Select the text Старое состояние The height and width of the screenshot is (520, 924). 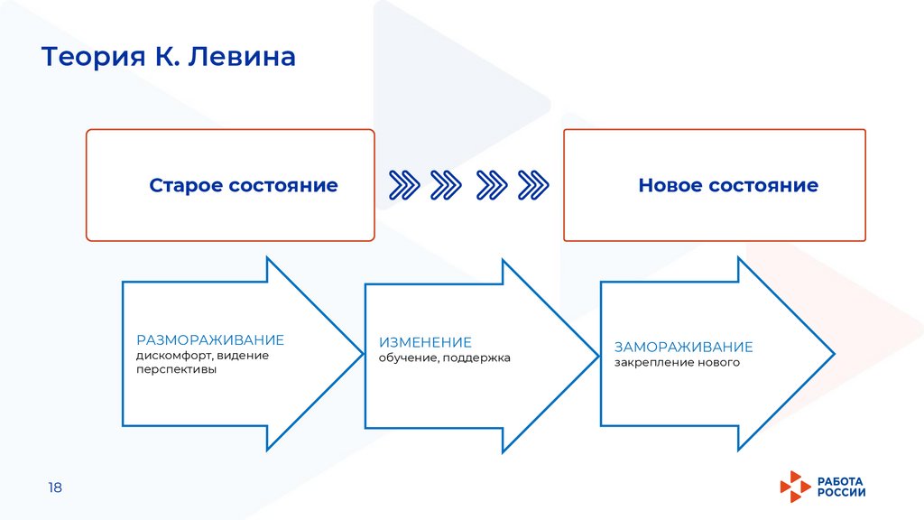pyautogui.click(x=244, y=186)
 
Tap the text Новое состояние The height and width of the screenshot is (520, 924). pyautogui.click(x=728, y=186)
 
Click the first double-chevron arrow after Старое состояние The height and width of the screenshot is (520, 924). pyautogui.click(x=403, y=185)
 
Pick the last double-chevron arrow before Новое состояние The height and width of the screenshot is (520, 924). pyautogui.click(x=534, y=185)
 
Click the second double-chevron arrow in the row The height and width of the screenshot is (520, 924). pyautogui.click(x=447, y=185)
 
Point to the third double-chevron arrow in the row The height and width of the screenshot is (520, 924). pyautogui.click(x=491, y=185)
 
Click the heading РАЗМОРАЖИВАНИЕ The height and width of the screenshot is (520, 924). pyautogui.click(x=210, y=340)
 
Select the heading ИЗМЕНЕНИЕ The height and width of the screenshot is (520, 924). pyautogui.click(x=425, y=343)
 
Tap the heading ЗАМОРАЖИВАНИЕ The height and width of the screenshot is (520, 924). pyautogui.click(x=683, y=348)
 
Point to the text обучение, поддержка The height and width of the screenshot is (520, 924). pyautogui.click(x=445, y=358)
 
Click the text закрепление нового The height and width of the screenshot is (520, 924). pyautogui.click(x=677, y=363)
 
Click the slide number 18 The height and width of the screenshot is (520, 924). pyautogui.click(x=55, y=487)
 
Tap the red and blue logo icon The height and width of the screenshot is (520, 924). pyautogui.click(x=795, y=487)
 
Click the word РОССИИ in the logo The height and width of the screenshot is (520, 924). pyautogui.click(x=841, y=493)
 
